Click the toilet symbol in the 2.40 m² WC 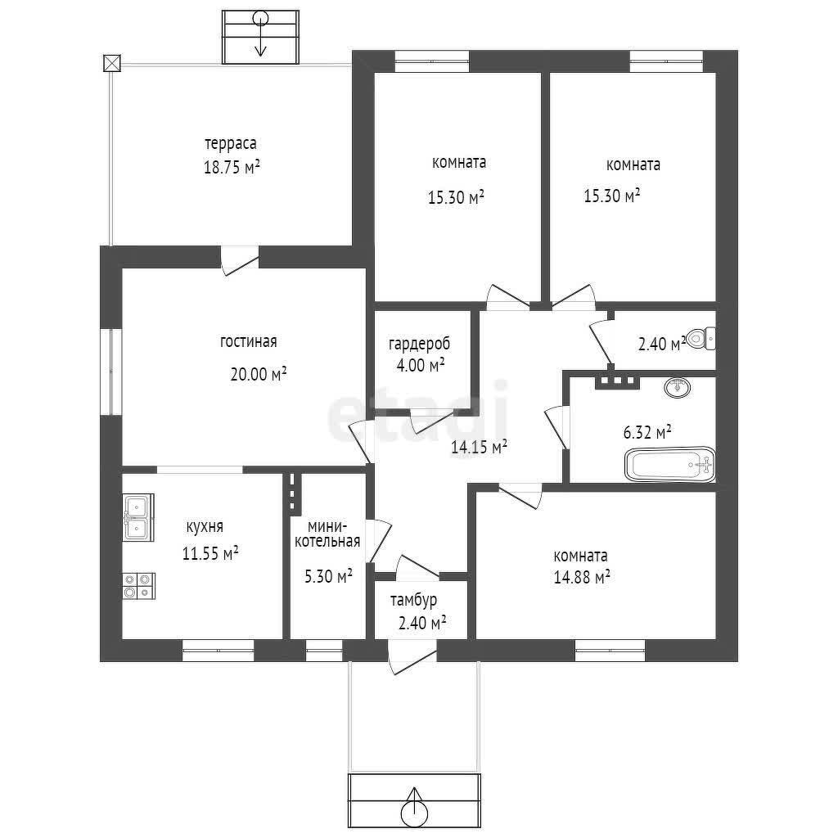[701, 339]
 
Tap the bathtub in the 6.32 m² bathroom [670, 465]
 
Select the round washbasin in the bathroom [678, 387]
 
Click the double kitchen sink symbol [138, 517]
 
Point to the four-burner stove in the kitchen [139, 586]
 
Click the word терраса [230, 144]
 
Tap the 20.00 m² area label [258, 373]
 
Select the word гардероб [419, 344]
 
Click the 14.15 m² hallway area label [479, 447]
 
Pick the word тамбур [413, 600]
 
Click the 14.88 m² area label [582, 577]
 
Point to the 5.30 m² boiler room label [328, 576]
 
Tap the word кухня [204, 527]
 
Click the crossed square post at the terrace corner [111, 63]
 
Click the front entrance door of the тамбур [412, 659]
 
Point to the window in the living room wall [111, 372]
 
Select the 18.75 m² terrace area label [232, 167]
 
